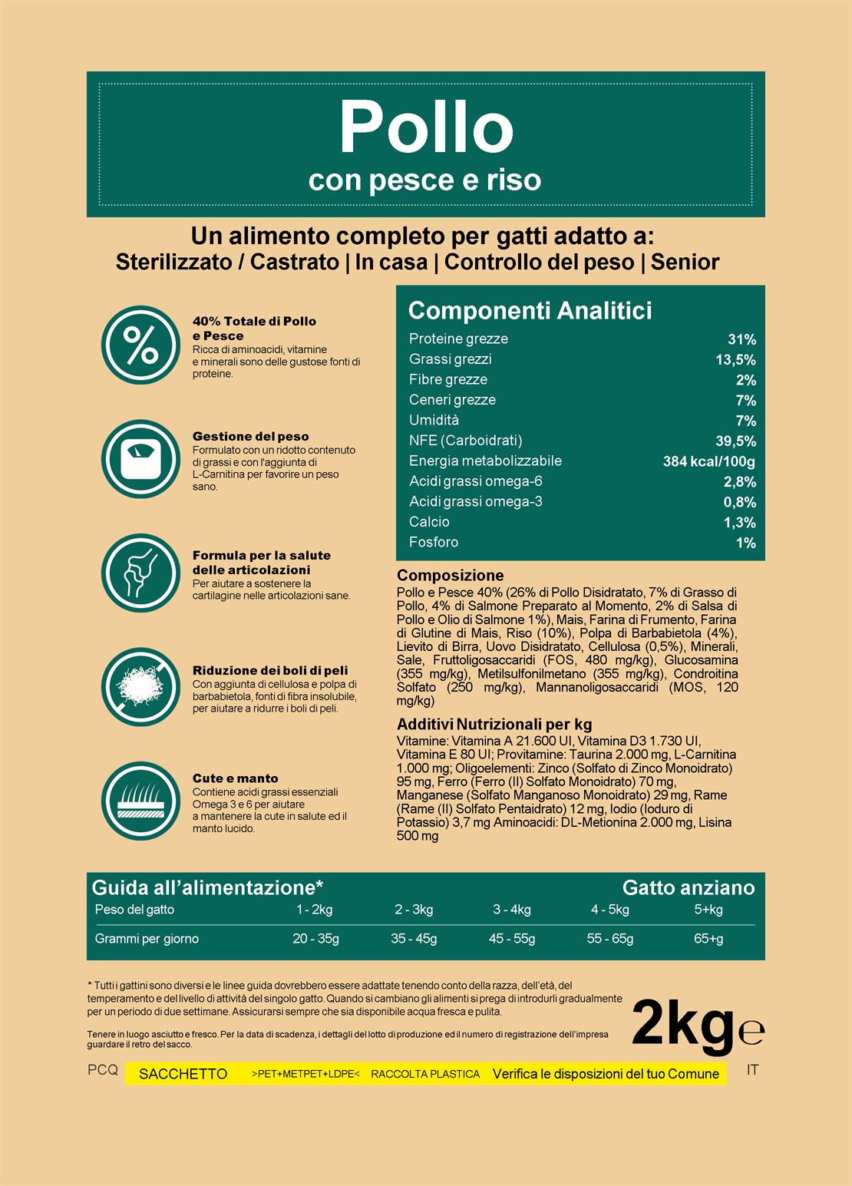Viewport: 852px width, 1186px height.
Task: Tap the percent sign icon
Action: click(140, 346)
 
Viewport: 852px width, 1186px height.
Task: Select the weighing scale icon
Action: click(140, 459)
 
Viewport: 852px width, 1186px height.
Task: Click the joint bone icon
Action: click(140, 573)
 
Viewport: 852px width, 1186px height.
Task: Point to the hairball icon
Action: click(140, 687)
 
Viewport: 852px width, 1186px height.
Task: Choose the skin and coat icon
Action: click(140, 801)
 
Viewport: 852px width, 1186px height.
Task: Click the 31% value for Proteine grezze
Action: click(741, 339)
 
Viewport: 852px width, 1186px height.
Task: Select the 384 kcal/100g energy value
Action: click(708, 461)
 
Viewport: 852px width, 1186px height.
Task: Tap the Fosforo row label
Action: click(434, 542)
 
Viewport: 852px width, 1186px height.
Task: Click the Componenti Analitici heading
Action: click(530, 310)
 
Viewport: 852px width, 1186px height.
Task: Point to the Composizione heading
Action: click(450, 576)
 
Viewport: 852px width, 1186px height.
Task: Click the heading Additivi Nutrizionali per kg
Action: click(494, 724)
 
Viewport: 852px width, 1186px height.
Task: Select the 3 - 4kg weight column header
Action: click(511, 910)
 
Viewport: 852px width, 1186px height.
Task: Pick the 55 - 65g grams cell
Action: click(610, 938)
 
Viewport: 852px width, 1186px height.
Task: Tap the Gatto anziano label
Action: click(688, 887)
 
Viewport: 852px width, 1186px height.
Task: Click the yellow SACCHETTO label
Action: click(183, 1074)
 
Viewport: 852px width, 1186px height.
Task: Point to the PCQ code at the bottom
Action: click(103, 1070)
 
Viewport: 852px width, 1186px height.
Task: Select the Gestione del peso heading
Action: click(250, 436)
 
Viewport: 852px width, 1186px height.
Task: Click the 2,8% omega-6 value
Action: click(740, 482)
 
